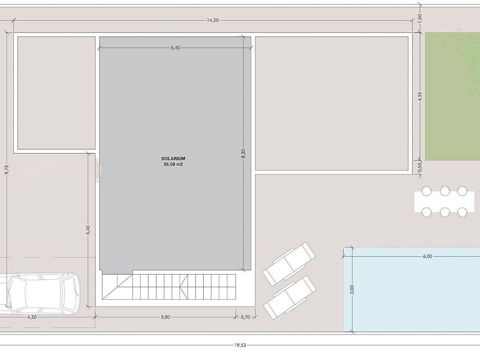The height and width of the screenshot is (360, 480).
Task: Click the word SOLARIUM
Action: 173,159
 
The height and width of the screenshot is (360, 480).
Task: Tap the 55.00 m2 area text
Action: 173,164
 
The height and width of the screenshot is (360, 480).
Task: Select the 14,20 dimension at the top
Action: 213,20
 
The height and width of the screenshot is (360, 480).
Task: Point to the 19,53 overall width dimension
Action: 240,345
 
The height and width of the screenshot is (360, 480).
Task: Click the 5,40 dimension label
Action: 175,48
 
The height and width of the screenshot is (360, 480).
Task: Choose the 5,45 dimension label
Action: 88,230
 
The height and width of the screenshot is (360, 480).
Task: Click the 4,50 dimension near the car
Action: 32,317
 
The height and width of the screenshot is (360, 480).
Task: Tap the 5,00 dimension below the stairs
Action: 165,317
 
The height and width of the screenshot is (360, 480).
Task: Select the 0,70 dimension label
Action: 245,317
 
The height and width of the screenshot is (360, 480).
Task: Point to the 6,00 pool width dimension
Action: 427,256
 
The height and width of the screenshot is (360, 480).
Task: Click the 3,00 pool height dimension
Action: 351,289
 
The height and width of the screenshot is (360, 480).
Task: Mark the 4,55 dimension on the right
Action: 420,96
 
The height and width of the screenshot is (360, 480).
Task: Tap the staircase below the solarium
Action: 169,286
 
